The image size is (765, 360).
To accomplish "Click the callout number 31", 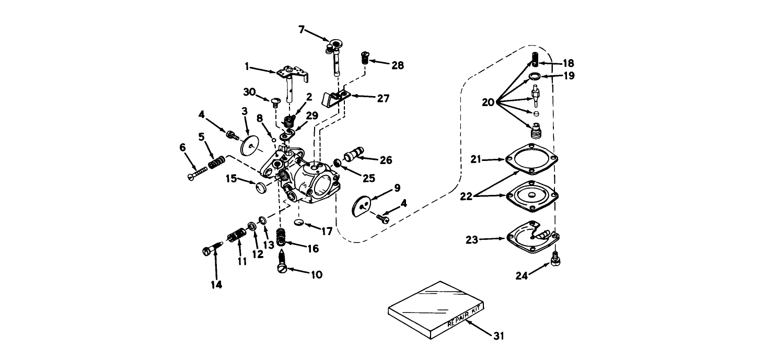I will pos(499,336).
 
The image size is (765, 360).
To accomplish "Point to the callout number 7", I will pos(301,29).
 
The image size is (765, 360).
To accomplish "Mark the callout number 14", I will pos(216,285).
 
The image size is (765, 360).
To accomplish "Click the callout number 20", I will pos(488,103).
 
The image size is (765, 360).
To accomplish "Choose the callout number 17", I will pos(327,231).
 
